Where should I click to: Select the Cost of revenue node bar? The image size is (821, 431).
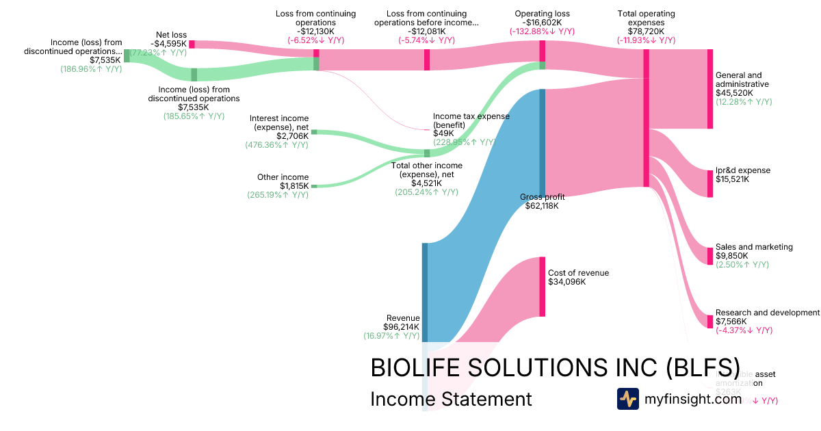pos(543,287)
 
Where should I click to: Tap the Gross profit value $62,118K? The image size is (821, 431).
pos(543,206)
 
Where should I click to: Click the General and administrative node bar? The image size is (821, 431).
pos(710,89)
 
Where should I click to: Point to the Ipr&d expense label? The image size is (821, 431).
pos(742,170)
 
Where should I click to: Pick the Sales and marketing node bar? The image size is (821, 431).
pos(710,256)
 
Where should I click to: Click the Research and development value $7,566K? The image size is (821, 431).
pos(731,322)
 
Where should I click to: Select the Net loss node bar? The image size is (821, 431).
pos(192,44)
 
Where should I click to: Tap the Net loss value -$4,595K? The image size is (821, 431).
pos(168,44)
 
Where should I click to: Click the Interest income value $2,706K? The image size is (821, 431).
pos(292,136)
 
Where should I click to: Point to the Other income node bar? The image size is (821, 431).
pos(314,185)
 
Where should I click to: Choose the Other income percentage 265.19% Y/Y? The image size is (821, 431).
pos(278,195)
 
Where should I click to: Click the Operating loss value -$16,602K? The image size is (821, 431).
pos(542,23)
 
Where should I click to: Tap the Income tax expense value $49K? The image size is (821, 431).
pos(443,133)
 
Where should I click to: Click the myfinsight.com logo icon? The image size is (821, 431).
pos(627,399)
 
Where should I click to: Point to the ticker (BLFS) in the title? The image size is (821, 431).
pos(703,367)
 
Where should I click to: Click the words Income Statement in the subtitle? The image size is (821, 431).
pos(451,399)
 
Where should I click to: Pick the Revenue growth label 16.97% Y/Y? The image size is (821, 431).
pos(391,336)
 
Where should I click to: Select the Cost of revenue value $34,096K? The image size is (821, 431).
pos(566,282)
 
